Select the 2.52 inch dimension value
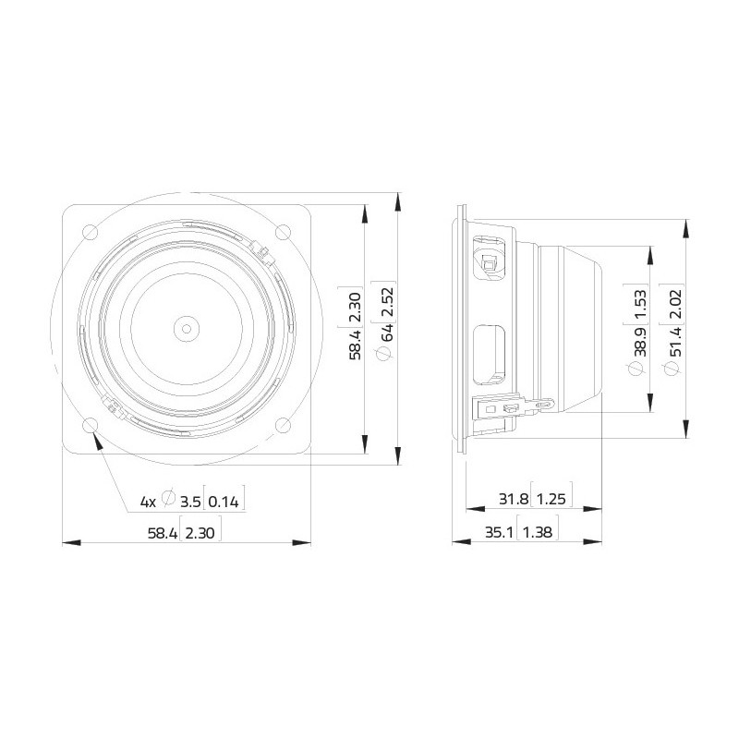click(388, 302)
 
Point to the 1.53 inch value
click(638, 303)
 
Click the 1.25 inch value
click(551, 500)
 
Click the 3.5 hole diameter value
click(190, 502)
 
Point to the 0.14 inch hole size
click(224, 502)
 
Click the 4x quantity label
click(148, 502)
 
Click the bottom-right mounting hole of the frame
click(284, 425)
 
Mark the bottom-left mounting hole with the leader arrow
click(90, 425)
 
